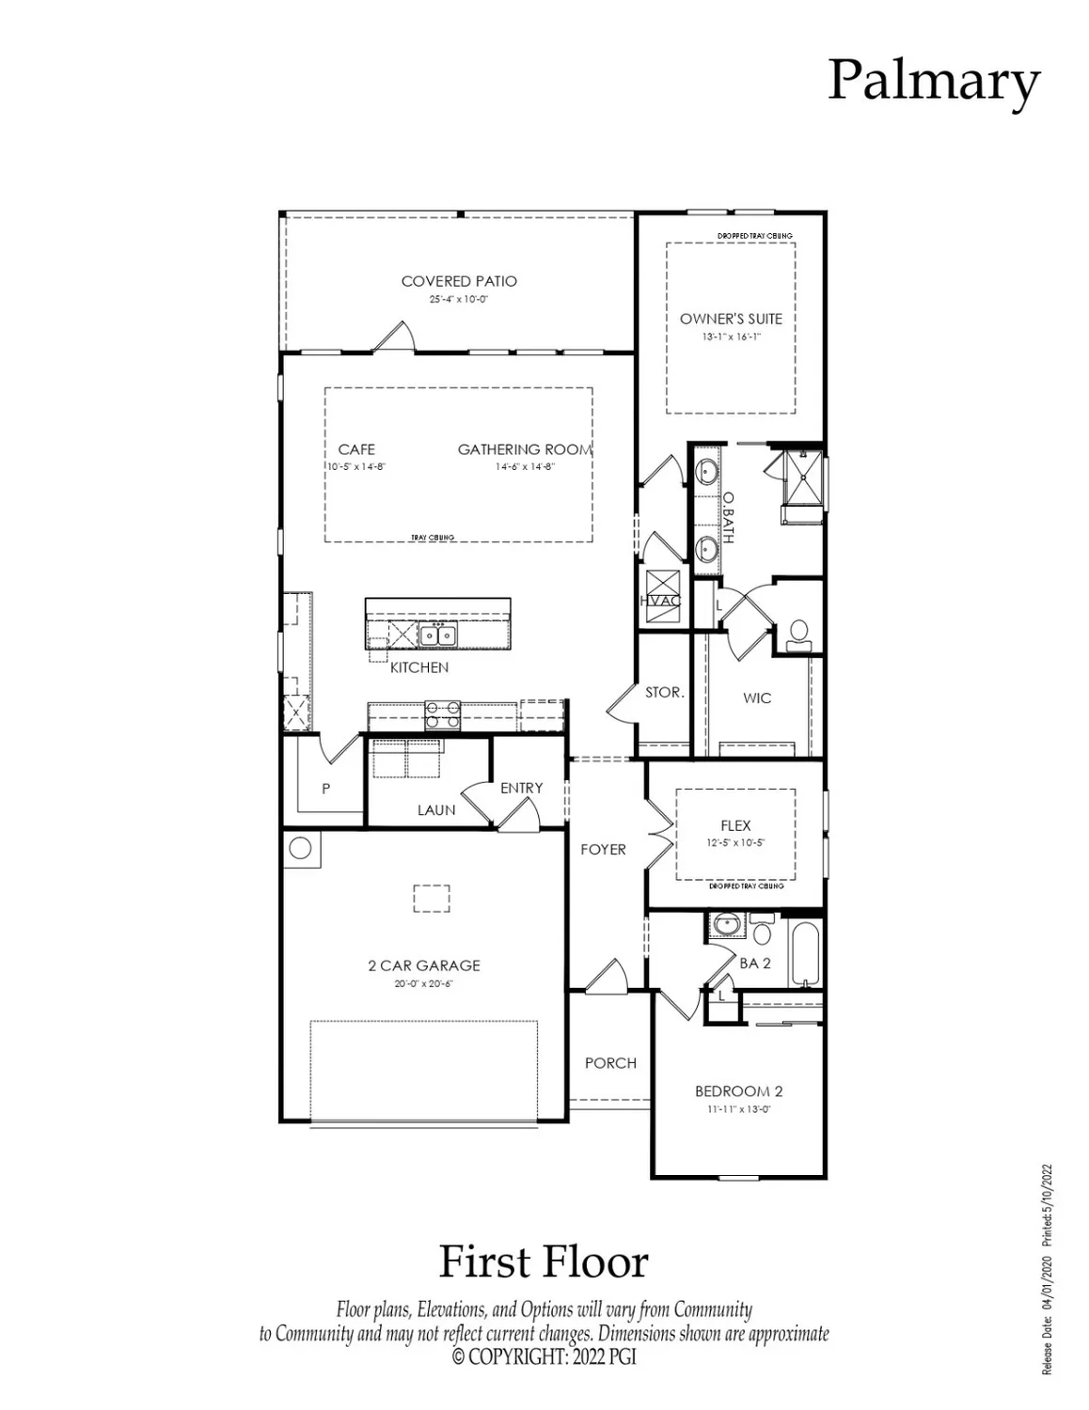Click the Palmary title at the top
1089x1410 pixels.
point(933,82)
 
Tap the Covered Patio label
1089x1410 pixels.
point(459,281)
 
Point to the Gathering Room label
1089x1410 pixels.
point(525,449)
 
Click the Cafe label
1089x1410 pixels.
point(356,449)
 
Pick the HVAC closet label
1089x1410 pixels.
point(660,601)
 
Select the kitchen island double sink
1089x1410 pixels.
point(438,635)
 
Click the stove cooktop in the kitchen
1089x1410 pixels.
point(442,714)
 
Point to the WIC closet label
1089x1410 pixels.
point(757,697)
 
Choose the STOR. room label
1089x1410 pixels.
point(664,692)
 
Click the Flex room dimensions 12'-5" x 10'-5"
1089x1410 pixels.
point(735,843)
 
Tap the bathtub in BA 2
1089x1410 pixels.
point(806,953)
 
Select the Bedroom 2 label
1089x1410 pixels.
point(738,1091)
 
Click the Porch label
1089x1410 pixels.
point(610,1063)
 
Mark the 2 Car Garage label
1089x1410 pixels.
point(423,965)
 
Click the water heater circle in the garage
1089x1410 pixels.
point(300,848)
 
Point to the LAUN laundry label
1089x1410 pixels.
point(436,809)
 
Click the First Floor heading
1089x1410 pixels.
point(544,1261)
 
